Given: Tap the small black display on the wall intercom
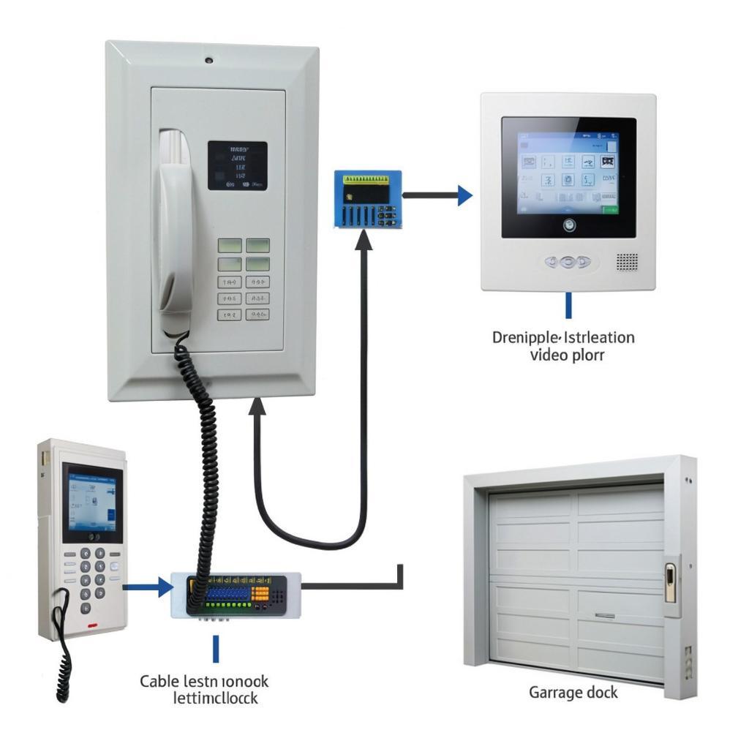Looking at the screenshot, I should (237, 166).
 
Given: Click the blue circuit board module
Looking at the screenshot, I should (368, 197).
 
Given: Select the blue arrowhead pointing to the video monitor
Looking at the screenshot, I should (464, 195).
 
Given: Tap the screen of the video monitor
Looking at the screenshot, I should (568, 173).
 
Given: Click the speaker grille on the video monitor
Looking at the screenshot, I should (627, 262).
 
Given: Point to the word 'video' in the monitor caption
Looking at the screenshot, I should (549, 355).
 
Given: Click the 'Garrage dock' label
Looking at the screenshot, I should (573, 691).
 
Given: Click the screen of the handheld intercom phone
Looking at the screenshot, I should (91, 502).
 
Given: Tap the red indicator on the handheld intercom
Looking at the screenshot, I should (92, 626).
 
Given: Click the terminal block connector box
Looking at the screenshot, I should (236, 594).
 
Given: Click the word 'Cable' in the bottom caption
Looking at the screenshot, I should (159, 681).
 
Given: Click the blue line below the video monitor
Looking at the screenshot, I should (568, 305).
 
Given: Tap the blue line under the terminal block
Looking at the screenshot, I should (216, 648).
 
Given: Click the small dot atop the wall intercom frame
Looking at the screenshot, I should (209, 60).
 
